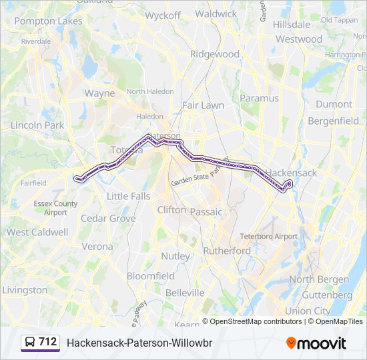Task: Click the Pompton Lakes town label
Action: pos(48,21)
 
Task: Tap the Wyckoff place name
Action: pos(163,15)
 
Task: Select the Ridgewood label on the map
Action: pos(214,54)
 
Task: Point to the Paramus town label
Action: pos(259,98)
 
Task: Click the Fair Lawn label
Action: pos(204,105)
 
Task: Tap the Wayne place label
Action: pos(99,93)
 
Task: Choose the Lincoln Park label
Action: pos(37,125)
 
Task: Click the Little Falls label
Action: pos(129,196)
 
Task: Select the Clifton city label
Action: pos(172,209)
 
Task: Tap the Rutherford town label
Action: pos(227,251)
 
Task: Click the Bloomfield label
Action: pos(151,275)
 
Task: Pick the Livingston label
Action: pos(25,290)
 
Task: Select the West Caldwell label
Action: pos(37,232)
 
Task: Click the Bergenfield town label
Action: pos(333,121)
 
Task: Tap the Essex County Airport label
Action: pos(56,208)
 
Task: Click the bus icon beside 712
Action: pos(30,343)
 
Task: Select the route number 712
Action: pos(48,342)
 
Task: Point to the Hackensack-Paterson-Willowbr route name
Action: pos(139,343)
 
